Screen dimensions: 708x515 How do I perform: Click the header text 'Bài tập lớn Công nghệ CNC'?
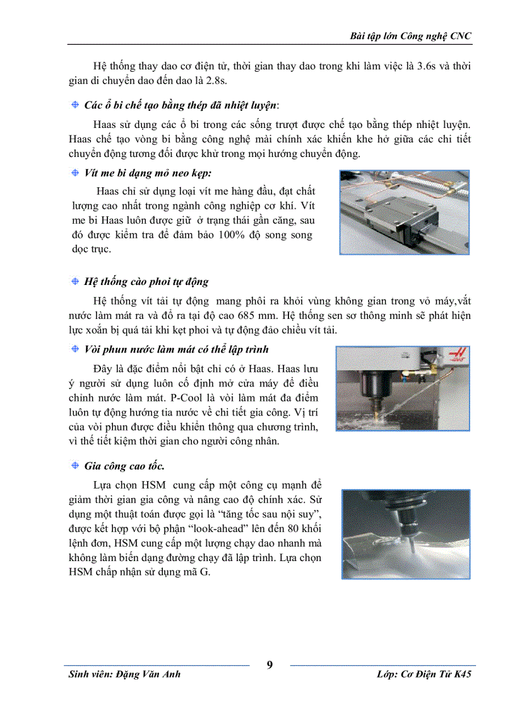coord(410,36)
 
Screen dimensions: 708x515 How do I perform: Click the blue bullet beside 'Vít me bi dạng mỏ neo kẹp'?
coord(74,172)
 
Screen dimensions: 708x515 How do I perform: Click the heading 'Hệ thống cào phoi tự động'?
coord(146,282)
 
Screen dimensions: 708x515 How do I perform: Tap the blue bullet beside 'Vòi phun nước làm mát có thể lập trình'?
coord(74,349)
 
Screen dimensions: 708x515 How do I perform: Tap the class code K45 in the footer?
coord(461,674)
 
